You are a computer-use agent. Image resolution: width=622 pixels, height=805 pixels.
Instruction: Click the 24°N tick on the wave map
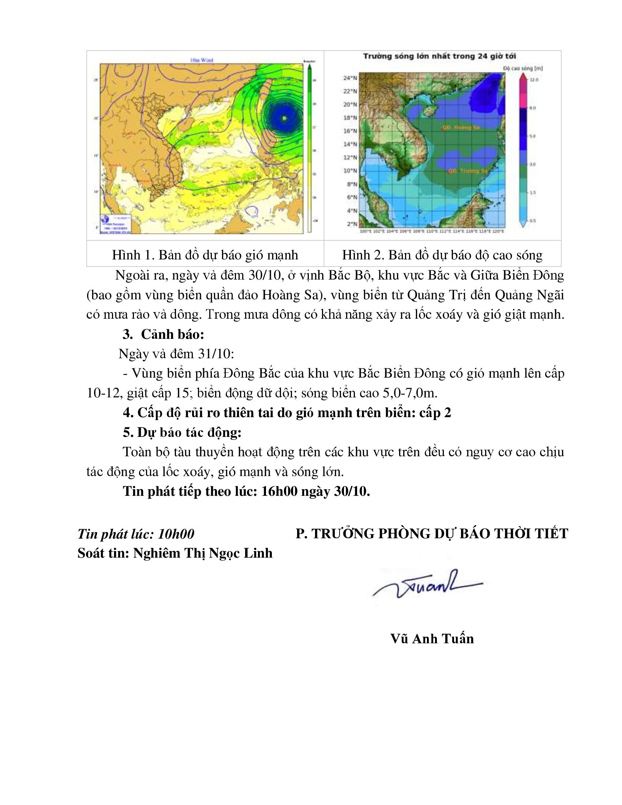coord(351,78)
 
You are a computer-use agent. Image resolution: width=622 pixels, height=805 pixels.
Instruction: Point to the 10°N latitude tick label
coord(351,171)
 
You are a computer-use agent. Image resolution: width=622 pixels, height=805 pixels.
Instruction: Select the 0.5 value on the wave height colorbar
coord(532,221)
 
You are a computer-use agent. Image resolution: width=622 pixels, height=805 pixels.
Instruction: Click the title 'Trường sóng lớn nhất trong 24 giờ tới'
coord(439,56)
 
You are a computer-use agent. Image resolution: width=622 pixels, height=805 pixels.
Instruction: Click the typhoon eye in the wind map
coord(284,118)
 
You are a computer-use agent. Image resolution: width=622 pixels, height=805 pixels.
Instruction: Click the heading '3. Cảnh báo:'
coord(163,334)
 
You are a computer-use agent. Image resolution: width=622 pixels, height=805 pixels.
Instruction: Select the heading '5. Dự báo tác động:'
coord(182,433)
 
